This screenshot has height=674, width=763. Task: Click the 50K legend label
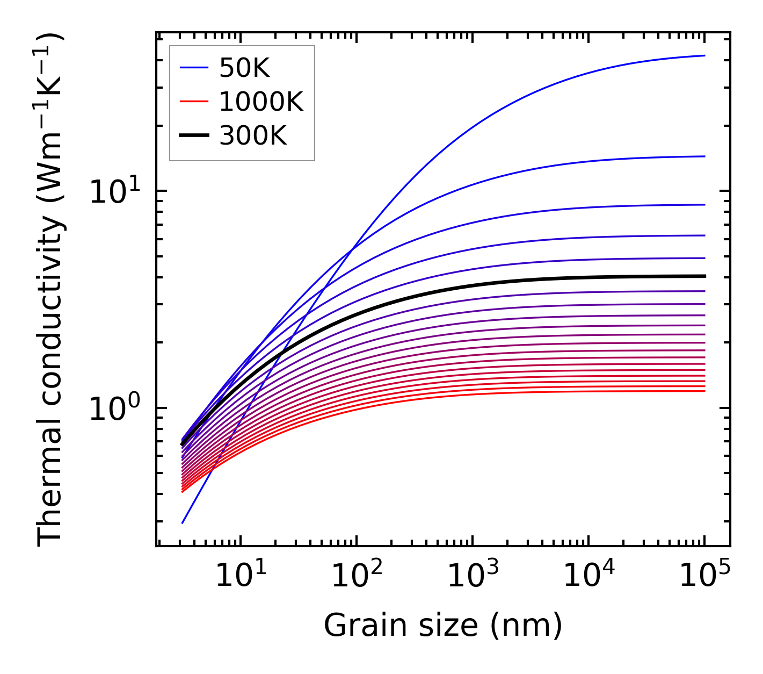(x=244, y=68)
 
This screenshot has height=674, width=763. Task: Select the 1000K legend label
(x=261, y=102)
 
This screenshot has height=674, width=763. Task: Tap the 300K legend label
(x=253, y=136)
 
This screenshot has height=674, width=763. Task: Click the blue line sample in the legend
(x=193, y=68)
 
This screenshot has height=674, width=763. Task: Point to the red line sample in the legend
(x=193, y=102)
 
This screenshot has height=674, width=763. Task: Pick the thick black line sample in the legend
(x=193, y=136)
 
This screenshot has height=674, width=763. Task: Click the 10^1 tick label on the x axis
(x=240, y=577)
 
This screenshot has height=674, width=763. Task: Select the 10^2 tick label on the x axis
(x=357, y=577)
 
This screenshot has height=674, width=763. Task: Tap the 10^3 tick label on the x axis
(x=473, y=577)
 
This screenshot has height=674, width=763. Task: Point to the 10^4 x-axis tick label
(x=588, y=577)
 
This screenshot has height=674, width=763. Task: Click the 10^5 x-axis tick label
(x=704, y=577)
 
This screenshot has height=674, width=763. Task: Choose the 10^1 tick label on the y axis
(x=114, y=191)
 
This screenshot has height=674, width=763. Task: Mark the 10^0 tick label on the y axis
(x=114, y=409)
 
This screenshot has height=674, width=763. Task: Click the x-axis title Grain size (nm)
(x=443, y=626)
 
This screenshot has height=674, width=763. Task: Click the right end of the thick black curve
(x=704, y=276)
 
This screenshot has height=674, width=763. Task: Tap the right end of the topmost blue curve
(x=704, y=55)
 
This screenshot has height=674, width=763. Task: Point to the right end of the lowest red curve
(x=704, y=391)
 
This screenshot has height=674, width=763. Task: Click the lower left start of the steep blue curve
(x=183, y=522)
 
